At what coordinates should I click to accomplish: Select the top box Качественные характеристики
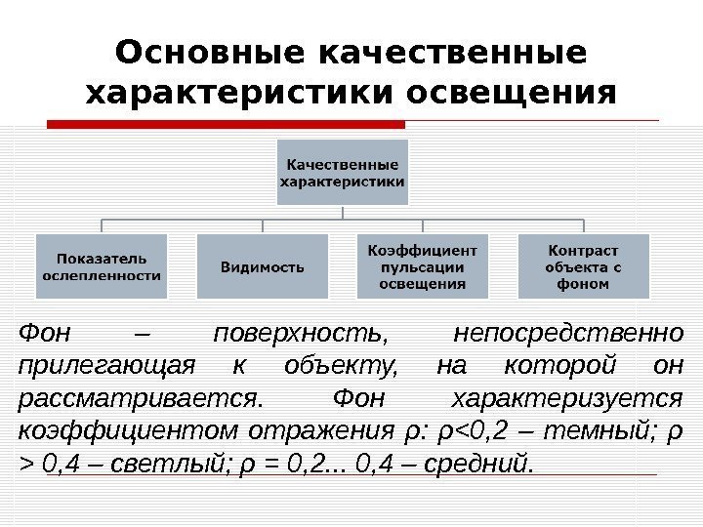[x=342, y=172]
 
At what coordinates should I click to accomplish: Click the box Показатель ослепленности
[x=102, y=266]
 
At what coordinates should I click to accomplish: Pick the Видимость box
[x=261, y=266]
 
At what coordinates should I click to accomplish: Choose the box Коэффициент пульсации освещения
[x=422, y=266]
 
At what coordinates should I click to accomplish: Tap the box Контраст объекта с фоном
[x=583, y=266]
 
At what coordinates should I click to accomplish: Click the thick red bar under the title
[x=227, y=125]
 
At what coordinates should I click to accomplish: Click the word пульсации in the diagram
[x=422, y=267]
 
